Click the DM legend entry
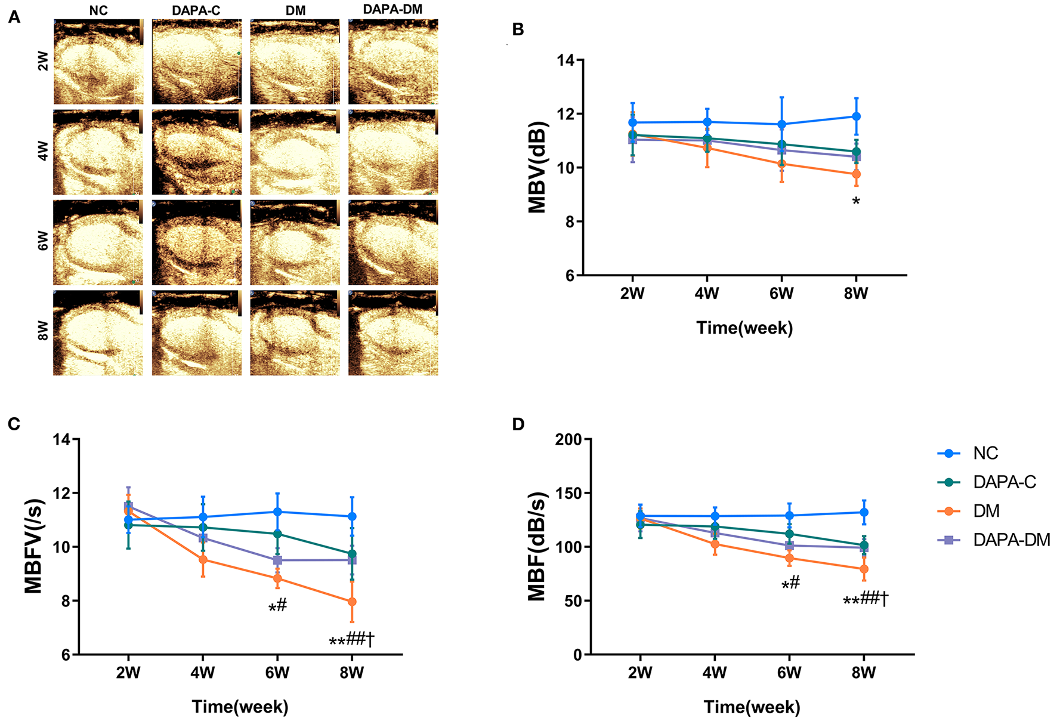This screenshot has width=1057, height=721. tap(985, 511)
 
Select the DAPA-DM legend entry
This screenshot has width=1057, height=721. tap(1010, 540)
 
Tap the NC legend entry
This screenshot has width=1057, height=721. tap(985, 453)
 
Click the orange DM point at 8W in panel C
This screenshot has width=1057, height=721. tap(352, 602)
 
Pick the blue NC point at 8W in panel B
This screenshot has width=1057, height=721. tap(856, 116)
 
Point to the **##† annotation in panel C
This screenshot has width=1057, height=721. tap(352, 641)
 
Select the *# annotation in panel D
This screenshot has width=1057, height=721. tap(790, 584)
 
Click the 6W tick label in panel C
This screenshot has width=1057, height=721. tap(277, 673)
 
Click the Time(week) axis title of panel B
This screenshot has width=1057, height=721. tap(744, 328)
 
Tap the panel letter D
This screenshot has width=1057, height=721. tap(518, 424)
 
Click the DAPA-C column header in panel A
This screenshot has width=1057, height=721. tap(196, 10)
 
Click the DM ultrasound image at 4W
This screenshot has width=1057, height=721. tap(295, 152)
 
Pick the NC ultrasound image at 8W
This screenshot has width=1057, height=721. tap(98, 332)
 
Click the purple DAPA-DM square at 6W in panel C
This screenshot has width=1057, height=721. tap(277, 560)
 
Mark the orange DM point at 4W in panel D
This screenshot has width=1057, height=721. tap(715, 544)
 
